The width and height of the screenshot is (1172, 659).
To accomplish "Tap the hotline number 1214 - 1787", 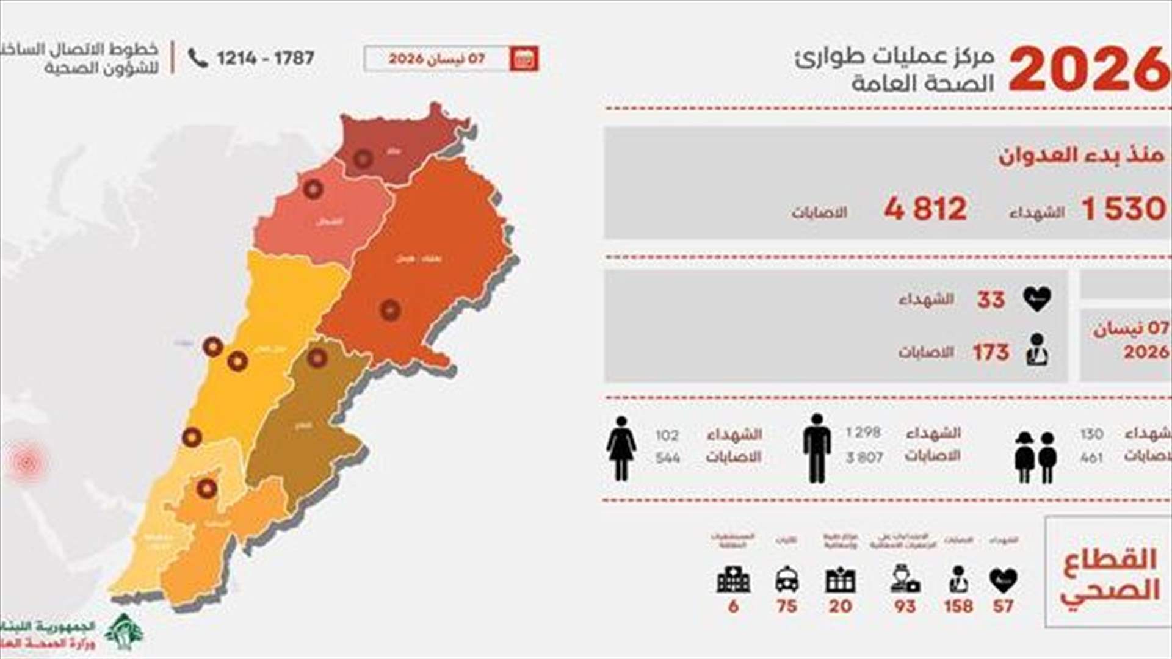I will click(x=265, y=59).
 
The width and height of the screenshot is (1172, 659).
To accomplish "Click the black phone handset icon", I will click(x=198, y=58).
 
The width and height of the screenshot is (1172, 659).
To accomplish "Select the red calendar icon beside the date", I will click(x=524, y=59).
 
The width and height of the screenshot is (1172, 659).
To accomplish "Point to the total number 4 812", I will click(x=925, y=209).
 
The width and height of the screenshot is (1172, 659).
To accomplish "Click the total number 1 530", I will click(x=1123, y=209).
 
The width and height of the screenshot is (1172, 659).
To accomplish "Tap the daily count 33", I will click(x=991, y=300).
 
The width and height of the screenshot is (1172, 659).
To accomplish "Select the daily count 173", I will click(x=991, y=352).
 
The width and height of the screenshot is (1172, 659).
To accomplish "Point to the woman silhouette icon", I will click(x=621, y=448).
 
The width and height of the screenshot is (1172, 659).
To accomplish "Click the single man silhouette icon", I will click(x=817, y=448).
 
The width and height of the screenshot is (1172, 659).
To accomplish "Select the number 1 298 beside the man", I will click(x=863, y=433).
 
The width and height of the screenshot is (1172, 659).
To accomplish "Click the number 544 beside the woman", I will click(x=668, y=458).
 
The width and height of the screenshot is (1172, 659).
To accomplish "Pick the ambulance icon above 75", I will click(x=787, y=580).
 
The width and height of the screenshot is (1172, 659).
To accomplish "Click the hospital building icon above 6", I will click(x=733, y=580).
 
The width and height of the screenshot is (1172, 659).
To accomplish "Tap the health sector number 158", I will click(x=958, y=606).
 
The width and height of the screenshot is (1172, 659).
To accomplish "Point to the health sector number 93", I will click(x=905, y=606).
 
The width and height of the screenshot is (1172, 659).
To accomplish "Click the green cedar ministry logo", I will click(x=124, y=632).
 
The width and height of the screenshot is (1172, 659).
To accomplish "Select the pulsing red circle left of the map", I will click(x=27, y=463).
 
